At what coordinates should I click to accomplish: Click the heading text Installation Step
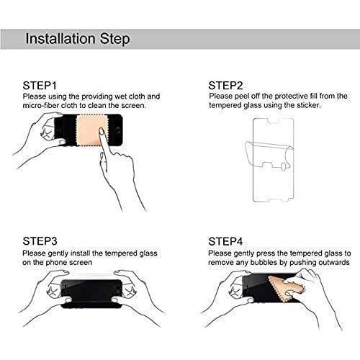pyautogui.click(x=78, y=39)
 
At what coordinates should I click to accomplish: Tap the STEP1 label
pyautogui.click(x=40, y=86)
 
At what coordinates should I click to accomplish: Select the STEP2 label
pyautogui.click(x=225, y=86)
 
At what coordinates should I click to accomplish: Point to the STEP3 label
pyautogui.click(x=40, y=241)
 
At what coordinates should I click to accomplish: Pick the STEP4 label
pyautogui.click(x=225, y=241)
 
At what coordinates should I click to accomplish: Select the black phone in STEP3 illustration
pyautogui.click(x=91, y=294)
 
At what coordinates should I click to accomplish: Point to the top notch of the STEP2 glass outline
pyautogui.click(x=273, y=122)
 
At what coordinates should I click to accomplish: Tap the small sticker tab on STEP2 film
pyautogui.click(x=284, y=167)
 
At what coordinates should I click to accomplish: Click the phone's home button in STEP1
pyautogui.click(x=117, y=130)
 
